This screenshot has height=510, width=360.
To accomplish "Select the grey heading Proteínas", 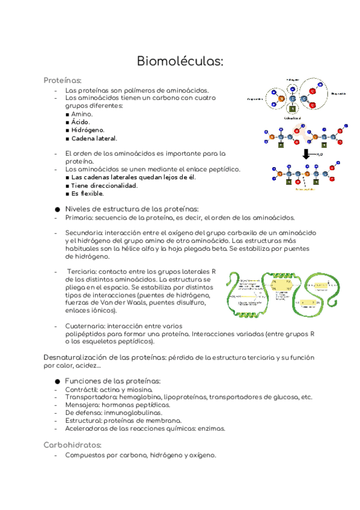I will click(63, 80).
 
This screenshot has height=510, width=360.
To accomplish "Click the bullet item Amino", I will click(82, 114).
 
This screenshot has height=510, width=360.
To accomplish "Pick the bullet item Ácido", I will click(81, 121).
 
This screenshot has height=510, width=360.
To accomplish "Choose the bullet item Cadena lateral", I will click(94, 138).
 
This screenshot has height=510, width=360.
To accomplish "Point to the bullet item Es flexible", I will click(87, 194).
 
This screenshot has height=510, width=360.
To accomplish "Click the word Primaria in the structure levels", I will click(79, 218).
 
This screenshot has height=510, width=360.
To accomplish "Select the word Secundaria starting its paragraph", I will click(84, 232).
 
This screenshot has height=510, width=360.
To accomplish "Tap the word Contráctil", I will click(81, 389).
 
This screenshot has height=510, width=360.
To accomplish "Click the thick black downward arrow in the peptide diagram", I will click(306, 155).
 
